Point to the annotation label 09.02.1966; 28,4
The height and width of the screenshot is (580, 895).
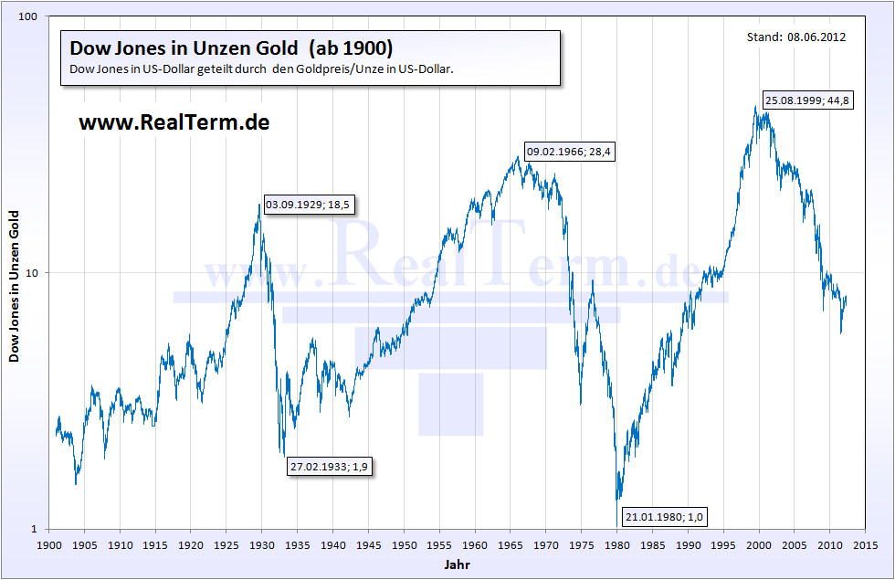[568, 153]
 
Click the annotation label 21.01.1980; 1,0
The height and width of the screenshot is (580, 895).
[664, 518]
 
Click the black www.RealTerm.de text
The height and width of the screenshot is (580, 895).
[174, 121]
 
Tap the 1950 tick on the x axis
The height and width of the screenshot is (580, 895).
[403, 545]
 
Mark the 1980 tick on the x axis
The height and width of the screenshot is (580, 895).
[616, 545]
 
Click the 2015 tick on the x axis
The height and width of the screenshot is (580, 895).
[865, 545]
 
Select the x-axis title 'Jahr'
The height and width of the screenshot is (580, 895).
[457, 565]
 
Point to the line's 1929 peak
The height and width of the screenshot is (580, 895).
[260, 205]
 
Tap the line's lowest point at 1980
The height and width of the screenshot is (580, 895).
[617, 500]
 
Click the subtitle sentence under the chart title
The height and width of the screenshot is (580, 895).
[261, 69]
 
